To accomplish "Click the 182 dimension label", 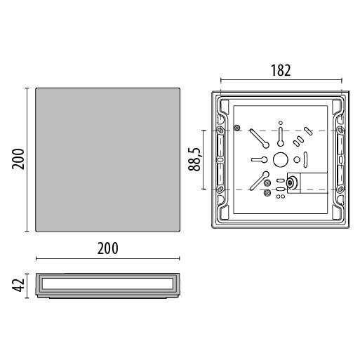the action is tap(281, 70).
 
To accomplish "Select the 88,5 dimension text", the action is tap(194, 159).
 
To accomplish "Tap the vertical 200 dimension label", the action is tap(18, 159).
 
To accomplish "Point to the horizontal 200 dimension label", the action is tap(108, 248).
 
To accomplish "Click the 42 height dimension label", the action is tap(18, 286).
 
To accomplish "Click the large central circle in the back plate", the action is tap(281, 160).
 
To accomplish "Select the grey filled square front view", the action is tap(107, 160).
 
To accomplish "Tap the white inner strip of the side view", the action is tap(107, 284).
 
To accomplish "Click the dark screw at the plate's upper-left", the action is tap(237, 128).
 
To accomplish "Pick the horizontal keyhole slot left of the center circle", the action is tap(259, 160).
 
